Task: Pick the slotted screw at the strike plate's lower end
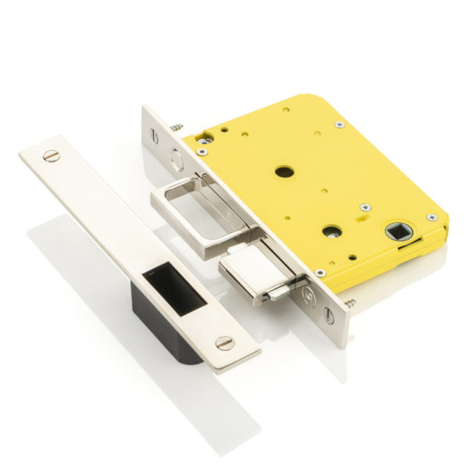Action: pos(225,342)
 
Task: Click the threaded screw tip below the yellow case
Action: pos(350,303)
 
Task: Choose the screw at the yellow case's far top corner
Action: pos(338,124)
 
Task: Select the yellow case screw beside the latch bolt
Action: pos(320,273)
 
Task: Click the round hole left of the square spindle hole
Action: pos(333,231)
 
